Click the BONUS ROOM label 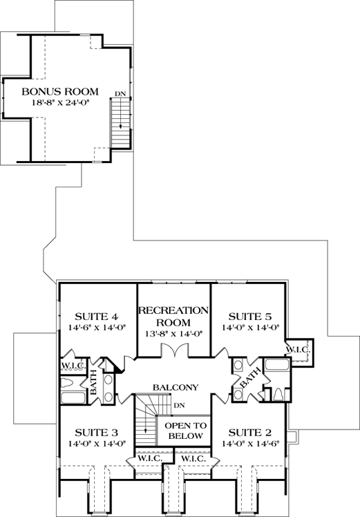tap(59, 91)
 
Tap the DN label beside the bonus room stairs tap(120, 93)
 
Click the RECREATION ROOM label tap(173, 316)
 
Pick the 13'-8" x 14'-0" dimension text tap(173, 333)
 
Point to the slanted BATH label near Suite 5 tap(250, 378)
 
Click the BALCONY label tap(176, 388)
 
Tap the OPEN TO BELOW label tap(184, 431)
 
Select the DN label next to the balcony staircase tap(180, 405)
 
